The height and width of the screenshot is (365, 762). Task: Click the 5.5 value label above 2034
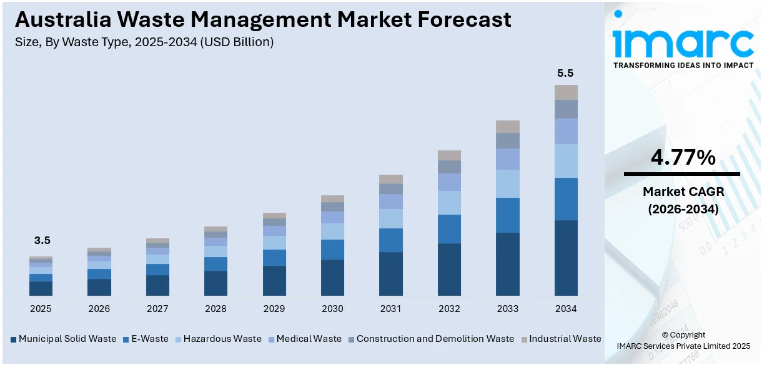click(x=565, y=73)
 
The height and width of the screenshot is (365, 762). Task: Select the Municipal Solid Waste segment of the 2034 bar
click(x=566, y=258)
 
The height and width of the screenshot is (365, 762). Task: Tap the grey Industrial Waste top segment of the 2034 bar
click(x=566, y=92)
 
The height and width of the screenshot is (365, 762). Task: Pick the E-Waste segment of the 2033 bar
click(x=508, y=215)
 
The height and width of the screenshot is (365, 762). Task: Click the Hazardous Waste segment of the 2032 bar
click(x=449, y=203)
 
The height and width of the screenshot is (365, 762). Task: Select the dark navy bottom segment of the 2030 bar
click(x=332, y=278)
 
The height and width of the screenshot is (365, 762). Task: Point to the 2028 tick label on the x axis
click(x=215, y=309)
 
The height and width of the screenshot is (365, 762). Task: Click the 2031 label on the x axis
click(x=391, y=309)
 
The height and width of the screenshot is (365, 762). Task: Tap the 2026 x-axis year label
click(x=99, y=309)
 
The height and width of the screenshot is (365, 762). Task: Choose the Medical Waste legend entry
click(x=309, y=339)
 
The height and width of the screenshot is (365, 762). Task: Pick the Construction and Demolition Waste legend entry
click(x=435, y=339)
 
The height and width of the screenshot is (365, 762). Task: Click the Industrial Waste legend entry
click(x=565, y=339)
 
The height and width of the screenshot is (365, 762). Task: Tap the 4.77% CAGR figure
click(x=683, y=158)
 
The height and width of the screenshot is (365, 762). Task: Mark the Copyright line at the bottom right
click(x=683, y=335)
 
